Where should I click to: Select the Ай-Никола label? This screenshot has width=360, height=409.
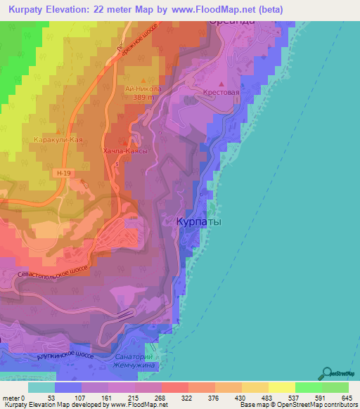pyautogui.click(x=143, y=89)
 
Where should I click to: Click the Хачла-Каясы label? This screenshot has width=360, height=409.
pyautogui.click(x=124, y=152)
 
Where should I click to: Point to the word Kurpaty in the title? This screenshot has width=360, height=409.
pyautogui.click(x=30, y=8)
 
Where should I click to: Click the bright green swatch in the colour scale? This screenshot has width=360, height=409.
pyautogui.click(x=308, y=387)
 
